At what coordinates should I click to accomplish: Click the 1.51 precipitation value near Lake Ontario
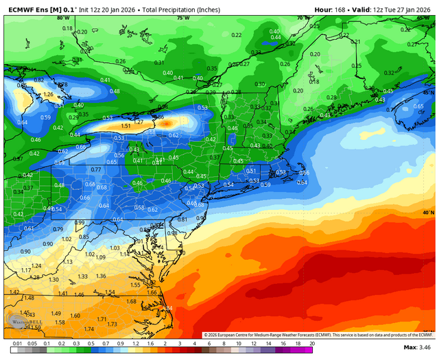126,126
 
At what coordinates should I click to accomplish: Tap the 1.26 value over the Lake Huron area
48,95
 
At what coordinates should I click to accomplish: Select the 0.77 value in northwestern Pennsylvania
96,169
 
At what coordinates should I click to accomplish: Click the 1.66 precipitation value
152,293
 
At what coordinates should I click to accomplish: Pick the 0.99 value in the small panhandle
79,223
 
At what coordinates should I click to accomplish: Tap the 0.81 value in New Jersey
182,219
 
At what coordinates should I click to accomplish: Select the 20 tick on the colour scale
312,342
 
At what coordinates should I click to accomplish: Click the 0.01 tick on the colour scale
16,342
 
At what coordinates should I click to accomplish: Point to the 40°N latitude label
428,213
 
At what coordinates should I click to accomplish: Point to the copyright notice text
318,335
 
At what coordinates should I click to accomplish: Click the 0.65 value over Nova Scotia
418,106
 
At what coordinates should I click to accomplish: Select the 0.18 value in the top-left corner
67,28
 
